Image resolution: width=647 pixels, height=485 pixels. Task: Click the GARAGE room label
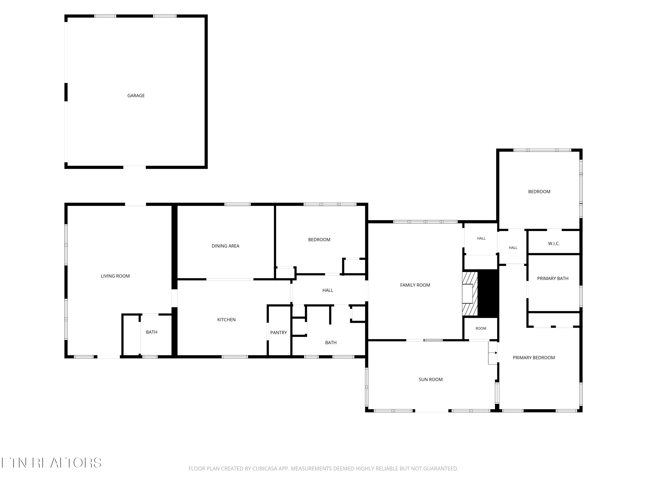point(136,95)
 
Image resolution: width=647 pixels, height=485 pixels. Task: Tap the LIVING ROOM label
point(115,276)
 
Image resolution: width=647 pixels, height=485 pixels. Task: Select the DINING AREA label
point(226,246)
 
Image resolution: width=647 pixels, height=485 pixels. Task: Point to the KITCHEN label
point(226,319)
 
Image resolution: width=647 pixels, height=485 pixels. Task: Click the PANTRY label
point(278,332)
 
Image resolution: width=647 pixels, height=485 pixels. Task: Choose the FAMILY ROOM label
point(415,285)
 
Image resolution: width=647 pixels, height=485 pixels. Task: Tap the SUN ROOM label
point(430,379)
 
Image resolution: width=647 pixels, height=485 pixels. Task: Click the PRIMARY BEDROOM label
point(534,358)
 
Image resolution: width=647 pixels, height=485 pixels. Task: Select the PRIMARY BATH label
point(553,278)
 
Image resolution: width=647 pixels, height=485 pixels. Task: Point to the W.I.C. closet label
point(554,244)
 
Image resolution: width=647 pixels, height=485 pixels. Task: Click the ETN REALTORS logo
point(52,463)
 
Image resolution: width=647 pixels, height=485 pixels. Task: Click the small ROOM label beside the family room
point(481,328)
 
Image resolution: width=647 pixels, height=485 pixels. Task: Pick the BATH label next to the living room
point(152,332)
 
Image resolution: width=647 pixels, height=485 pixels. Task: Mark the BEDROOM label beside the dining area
point(319,240)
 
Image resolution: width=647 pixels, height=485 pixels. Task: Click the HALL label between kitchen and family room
point(328,290)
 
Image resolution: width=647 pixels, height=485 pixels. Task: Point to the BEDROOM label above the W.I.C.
point(539,192)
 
